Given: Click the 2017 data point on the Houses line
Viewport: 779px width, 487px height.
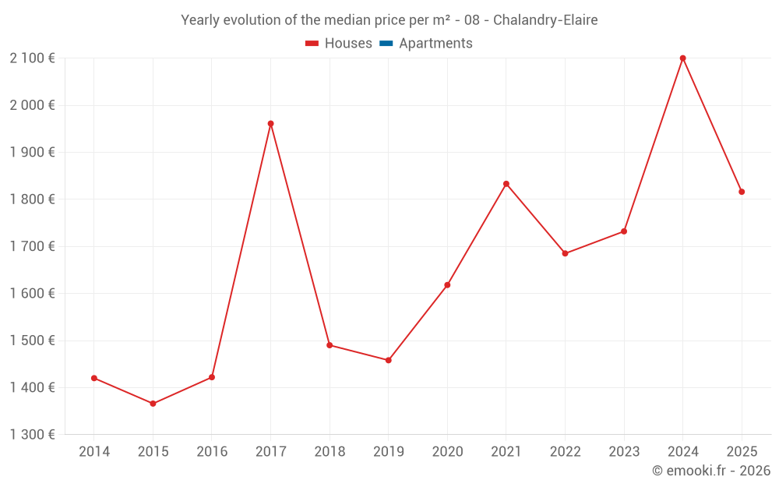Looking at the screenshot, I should pyautogui.click(x=270, y=123).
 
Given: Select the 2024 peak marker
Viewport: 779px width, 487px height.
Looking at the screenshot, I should pyautogui.click(x=682, y=58).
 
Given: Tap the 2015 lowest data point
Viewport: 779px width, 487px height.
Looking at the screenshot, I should pyautogui.click(x=153, y=404).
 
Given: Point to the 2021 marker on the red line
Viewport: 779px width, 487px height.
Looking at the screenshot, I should pyautogui.click(x=506, y=184).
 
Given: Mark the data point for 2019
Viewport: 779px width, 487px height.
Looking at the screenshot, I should pyautogui.click(x=388, y=360).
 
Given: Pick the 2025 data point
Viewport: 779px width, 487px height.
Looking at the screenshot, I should pyautogui.click(x=742, y=192).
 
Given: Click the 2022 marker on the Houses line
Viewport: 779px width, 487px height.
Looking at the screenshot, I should pyautogui.click(x=565, y=253).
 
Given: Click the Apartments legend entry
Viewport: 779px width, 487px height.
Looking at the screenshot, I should pyautogui.click(x=435, y=44).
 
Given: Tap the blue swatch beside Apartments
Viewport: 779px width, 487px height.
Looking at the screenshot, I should pyautogui.click(x=386, y=44).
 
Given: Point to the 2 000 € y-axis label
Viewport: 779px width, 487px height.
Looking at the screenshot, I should pyautogui.click(x=32, y=105).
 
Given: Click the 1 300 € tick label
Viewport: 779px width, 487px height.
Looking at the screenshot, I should pyautogui.click(x=32, y=435).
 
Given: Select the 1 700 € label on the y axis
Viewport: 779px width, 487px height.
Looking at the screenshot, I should pyautogui.click(x=32, y=246).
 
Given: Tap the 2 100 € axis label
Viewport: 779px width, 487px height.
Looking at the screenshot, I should pyautogui.click(x=32, y=58).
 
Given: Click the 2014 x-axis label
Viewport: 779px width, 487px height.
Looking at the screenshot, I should pyautogui.click(x=94, y=451).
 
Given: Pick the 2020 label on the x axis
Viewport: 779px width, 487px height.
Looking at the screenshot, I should pyautogui.click(x=447, y=451).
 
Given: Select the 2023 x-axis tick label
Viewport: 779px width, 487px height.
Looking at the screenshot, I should pyautogui.click(x=624, y=451).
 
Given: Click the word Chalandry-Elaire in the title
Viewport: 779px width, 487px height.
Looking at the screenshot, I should pyautogui.click(x=545, y=20).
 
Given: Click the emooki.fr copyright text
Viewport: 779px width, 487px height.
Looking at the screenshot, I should pyautogui.click(x=711, y=471).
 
